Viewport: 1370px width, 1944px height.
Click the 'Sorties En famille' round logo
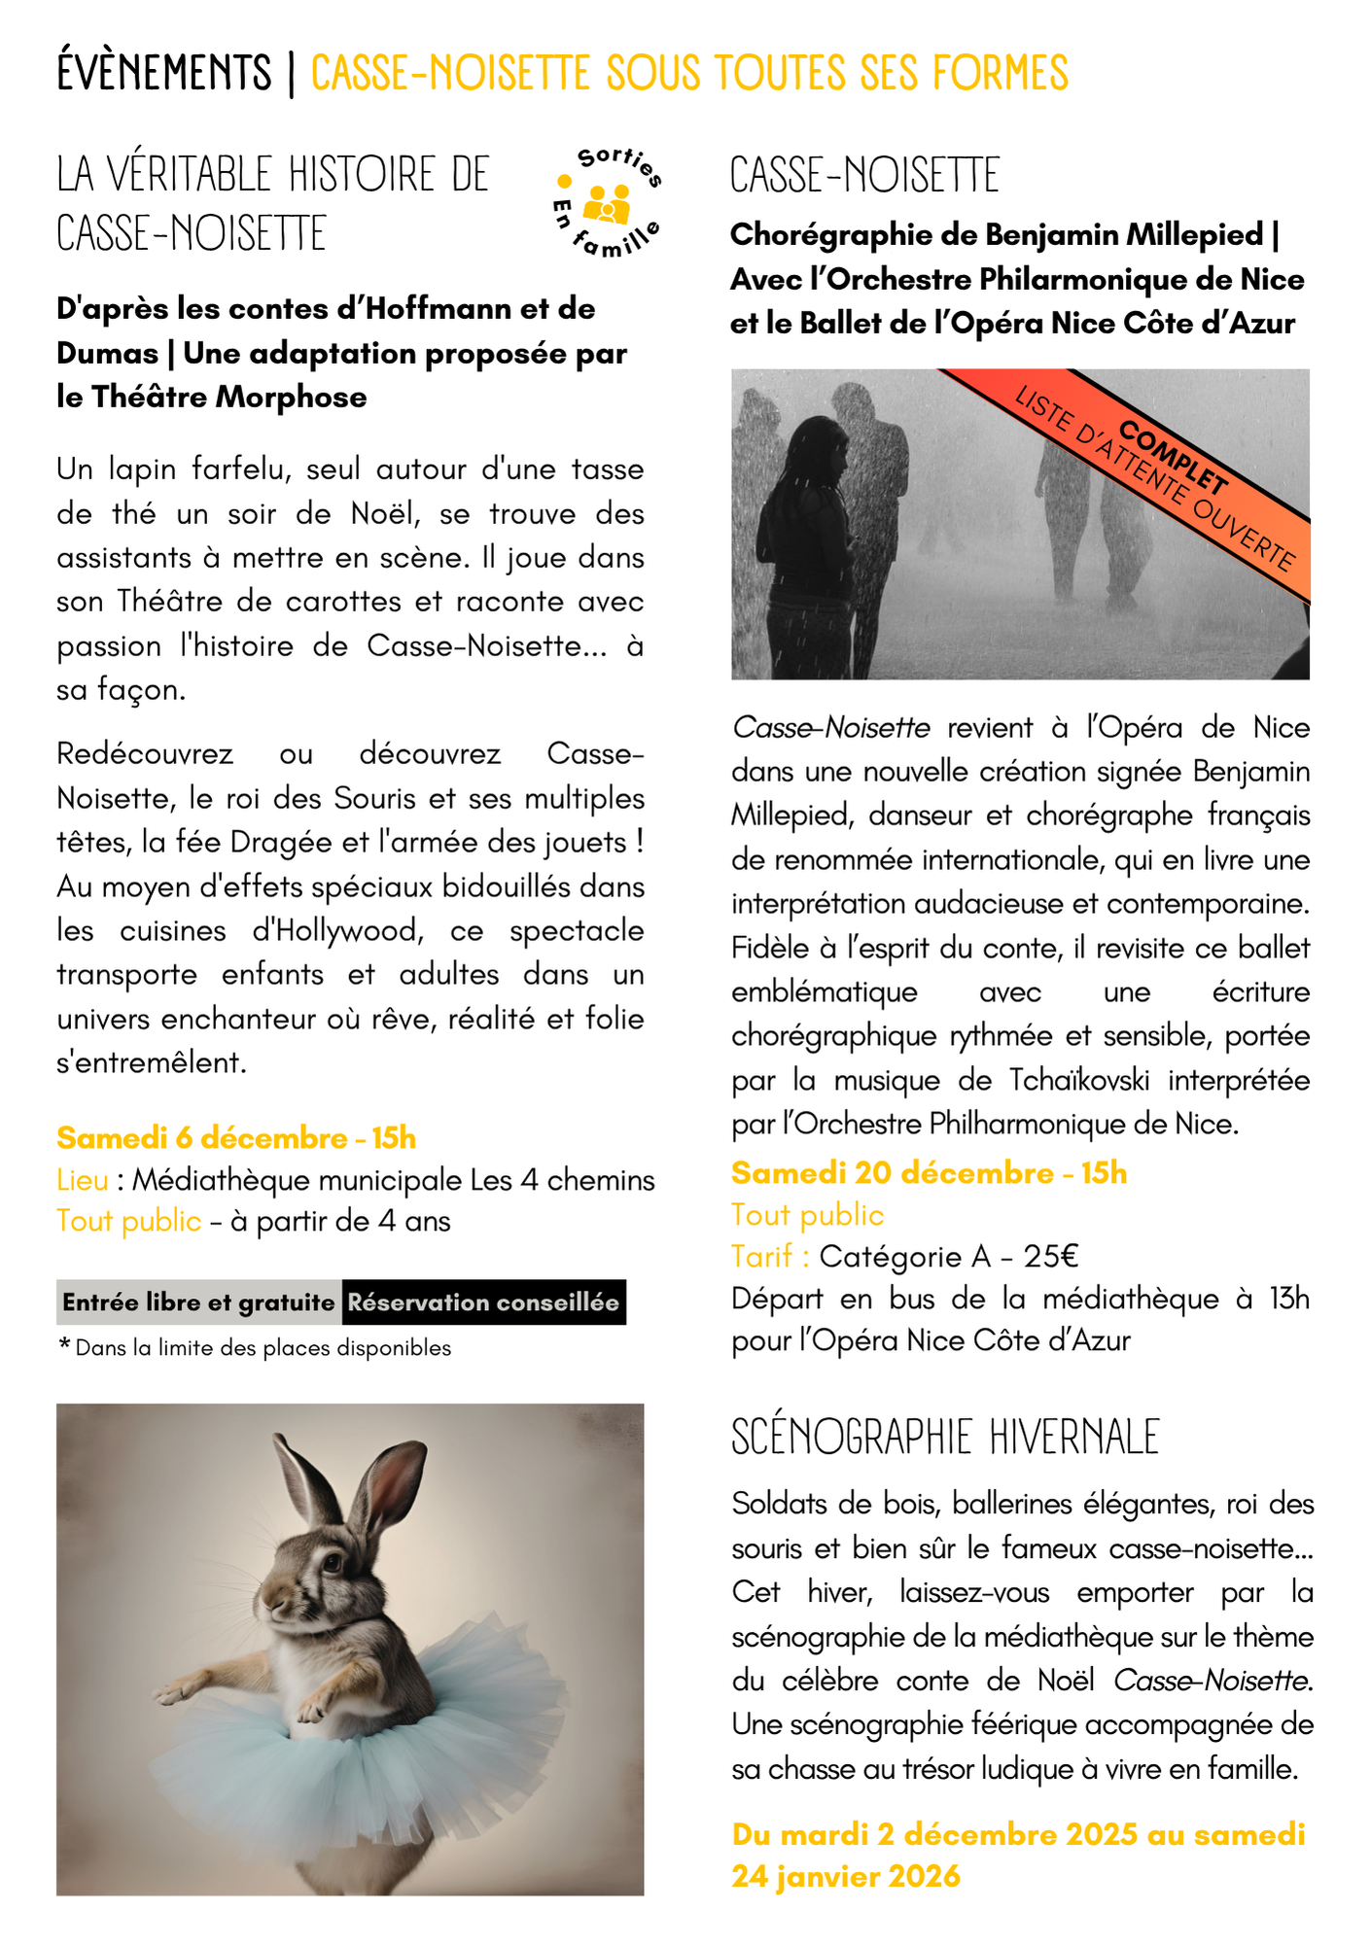607,203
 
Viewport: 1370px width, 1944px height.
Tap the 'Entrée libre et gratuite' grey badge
198,1302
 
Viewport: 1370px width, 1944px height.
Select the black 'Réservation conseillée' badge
483,1302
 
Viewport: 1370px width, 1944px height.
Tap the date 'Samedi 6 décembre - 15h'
236,1137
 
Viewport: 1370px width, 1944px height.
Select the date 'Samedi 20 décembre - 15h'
929,1173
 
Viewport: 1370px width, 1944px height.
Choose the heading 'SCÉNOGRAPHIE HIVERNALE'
945,1438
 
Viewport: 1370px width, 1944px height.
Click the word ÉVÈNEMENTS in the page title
164,74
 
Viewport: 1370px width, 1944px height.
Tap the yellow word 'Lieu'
83,1180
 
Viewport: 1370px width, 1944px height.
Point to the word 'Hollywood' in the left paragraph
336,931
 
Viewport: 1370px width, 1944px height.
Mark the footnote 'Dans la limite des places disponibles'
263,1348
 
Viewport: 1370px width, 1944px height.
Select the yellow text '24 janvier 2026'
846,1876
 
